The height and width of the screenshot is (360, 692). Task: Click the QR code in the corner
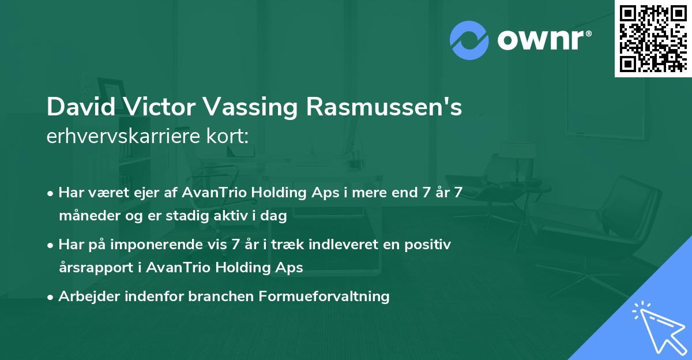[x=653, y=39]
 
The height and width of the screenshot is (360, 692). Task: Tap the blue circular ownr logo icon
[x=469, y=40]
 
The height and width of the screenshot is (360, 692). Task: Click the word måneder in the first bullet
[x=82, y=217]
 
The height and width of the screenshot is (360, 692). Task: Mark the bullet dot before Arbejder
[x=51, y=297]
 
